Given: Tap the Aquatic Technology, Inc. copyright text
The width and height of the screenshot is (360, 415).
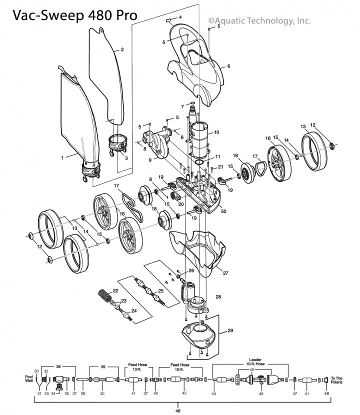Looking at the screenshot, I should [259, 20].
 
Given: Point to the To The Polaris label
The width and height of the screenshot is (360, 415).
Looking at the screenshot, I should [336, 380].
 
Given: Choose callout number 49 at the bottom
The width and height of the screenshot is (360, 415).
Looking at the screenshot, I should [178, 411].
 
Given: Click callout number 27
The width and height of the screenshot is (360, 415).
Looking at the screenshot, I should [226, 273].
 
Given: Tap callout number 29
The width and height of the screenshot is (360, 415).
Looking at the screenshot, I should [230, 331].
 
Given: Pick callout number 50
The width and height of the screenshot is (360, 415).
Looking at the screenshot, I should [223, 212].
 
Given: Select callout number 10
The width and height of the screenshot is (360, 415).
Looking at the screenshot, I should [216, 132].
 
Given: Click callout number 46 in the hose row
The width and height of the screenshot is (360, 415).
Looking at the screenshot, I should [260, 394].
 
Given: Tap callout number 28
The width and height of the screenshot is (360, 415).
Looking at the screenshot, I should [218, 297].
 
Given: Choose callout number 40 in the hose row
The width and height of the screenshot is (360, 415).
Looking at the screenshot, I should [102, 394].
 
